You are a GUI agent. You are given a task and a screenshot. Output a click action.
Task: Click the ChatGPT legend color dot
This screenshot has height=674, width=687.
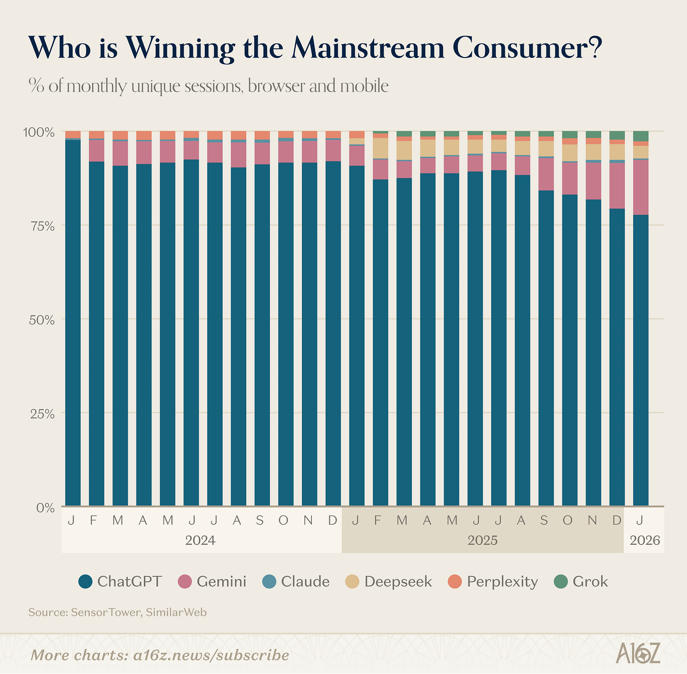86,582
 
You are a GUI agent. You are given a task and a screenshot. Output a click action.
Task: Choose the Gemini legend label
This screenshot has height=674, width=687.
221,582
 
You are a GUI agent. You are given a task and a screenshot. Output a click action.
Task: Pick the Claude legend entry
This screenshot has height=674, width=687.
305,582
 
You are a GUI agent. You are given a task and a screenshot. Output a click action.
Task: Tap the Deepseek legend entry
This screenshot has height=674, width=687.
398,582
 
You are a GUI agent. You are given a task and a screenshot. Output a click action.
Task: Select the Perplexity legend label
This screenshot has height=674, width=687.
502,582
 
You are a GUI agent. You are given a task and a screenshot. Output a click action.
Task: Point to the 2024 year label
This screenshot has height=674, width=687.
200,540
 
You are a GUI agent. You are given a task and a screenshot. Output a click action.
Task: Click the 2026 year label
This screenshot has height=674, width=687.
645,540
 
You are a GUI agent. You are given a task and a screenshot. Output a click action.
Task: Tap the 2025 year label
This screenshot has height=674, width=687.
482,540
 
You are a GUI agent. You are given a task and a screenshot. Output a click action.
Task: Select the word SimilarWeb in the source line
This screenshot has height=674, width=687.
176,613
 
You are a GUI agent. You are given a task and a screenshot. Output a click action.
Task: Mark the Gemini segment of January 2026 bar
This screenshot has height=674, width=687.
640,187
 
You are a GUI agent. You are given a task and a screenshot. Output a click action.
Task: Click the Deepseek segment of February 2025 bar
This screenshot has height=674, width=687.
380,148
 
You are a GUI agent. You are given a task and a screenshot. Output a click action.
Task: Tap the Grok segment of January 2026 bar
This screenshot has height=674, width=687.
640,136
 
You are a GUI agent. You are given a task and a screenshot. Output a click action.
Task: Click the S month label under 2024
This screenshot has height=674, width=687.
260,520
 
